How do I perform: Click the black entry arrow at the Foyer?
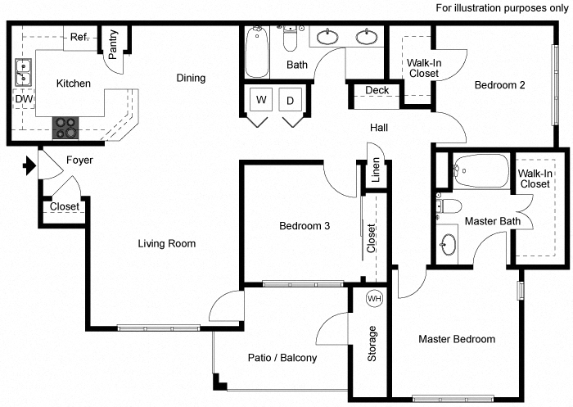[x=29, y=167]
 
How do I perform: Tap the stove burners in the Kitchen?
[x=65, y=128]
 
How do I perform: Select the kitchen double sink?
[x=23, y=74]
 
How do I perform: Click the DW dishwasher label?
[x=23, y=99]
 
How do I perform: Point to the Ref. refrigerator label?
[x=79, y=38]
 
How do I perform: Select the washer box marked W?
[x=262, y=101]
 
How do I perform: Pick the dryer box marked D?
[x=290, y=101]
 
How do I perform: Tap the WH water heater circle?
[x=374, y=298]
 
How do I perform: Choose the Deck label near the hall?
[x=377, y=90]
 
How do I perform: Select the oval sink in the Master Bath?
[x=448, y=244]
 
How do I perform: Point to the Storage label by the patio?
[x=373, y=344]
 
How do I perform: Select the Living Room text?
[x=166, y=243]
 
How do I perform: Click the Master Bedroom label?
[x=457, y=339]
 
